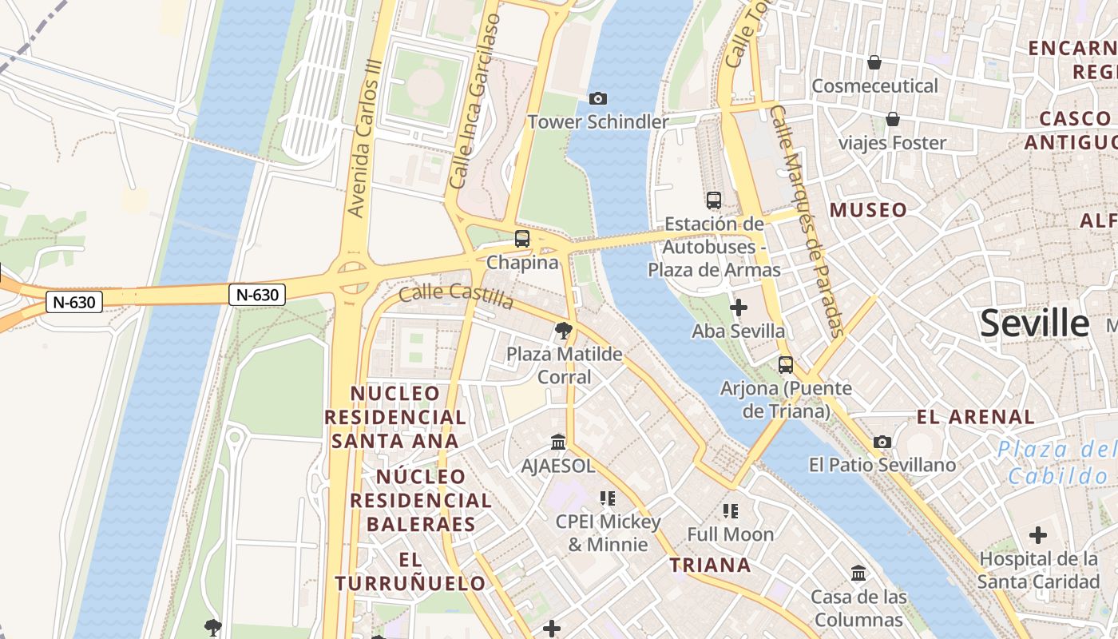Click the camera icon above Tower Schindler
[x=597, y=98]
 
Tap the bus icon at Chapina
[x=521, y=238]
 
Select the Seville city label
[x=1034, y=323]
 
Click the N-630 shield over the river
[x=257, y=295]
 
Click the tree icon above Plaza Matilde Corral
[x=564, y=330]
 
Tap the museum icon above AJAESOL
[x=558, y=442]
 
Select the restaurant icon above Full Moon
[x=730, y=510]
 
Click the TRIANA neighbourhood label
[x=710, y=566]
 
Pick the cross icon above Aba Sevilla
[x=739, y=307]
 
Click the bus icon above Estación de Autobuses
[x=713, y=200]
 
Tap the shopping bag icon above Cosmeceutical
[x=874, y=62]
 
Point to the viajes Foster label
[x=892, y=143]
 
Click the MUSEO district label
[x=868, y=210]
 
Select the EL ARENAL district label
[x=975, y=416]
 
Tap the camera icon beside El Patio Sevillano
[x=882, y=442]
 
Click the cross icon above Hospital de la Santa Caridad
[x=1037, y=534]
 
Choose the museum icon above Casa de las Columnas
[x=858, y=573]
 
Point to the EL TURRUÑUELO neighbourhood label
[x=410, y=571]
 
